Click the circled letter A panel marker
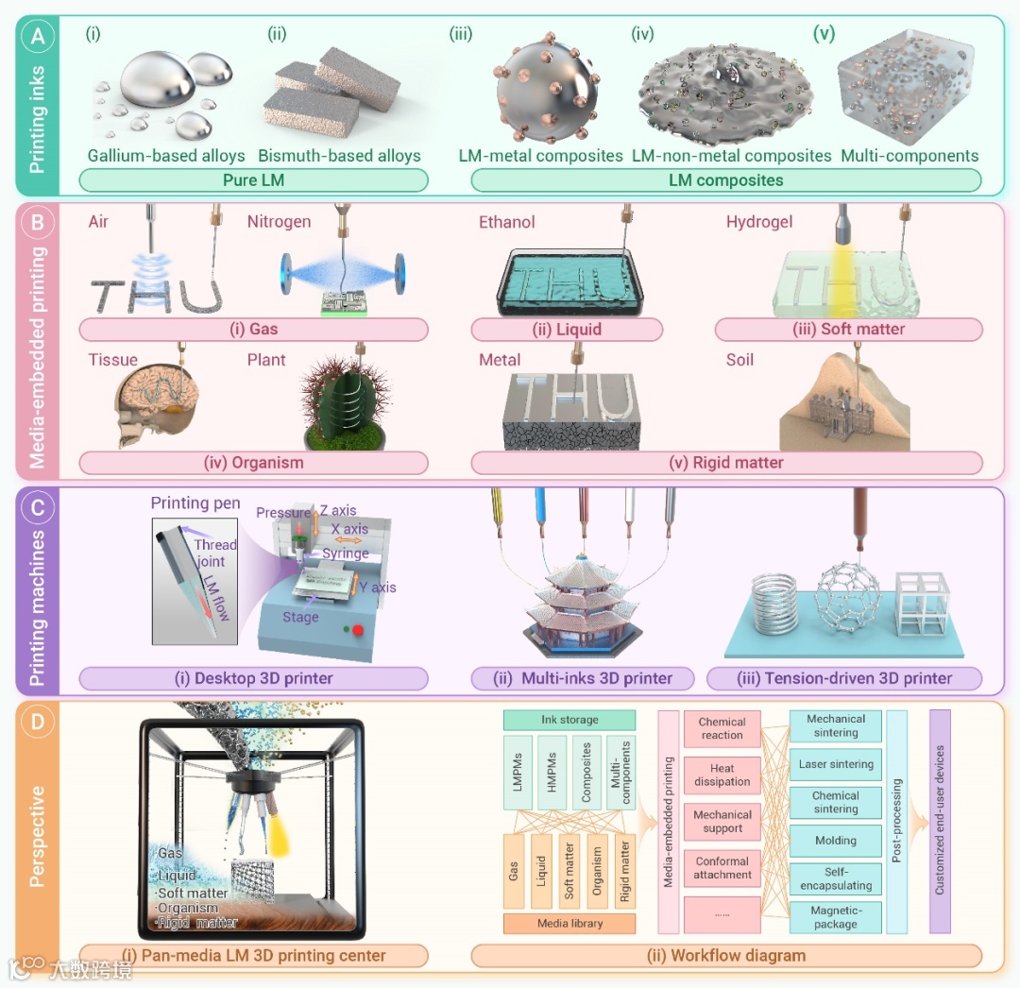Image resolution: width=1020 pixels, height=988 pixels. tap(38, 39)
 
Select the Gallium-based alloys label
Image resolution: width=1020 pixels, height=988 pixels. tap(166, 156)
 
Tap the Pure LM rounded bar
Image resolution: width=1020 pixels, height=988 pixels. tap(253, 179)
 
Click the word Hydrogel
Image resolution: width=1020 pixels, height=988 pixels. tap(758, 222)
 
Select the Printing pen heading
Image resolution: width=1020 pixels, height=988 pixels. tap(195, 503)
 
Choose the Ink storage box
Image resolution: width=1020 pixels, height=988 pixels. tap(569, 720)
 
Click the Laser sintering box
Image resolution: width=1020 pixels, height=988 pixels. tap(836, 765)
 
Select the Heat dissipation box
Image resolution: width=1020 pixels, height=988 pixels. tap(722, 775)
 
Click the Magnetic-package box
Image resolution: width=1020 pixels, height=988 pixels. tap(836, 918)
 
